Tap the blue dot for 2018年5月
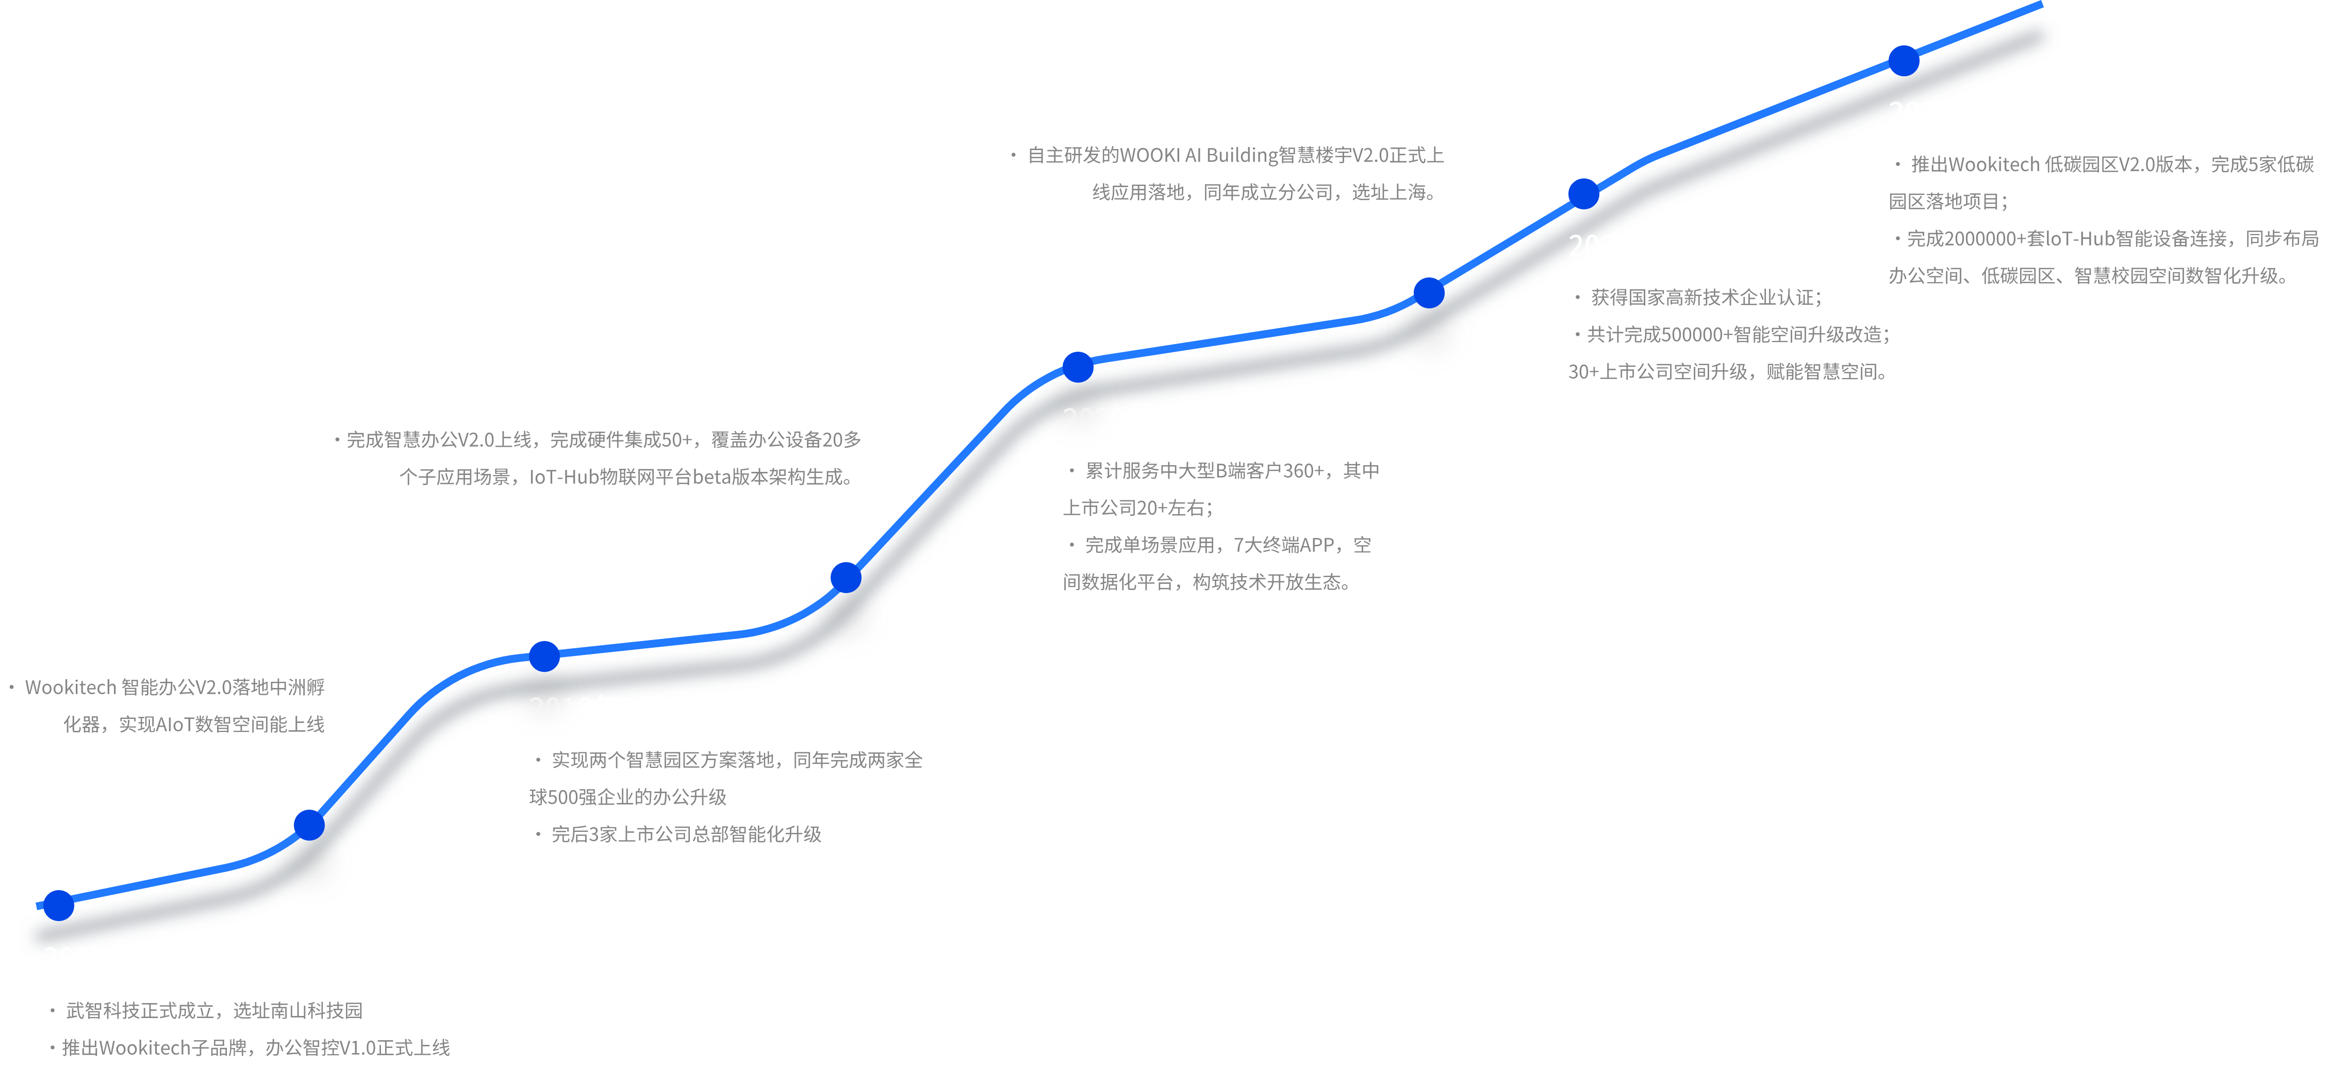(309, 825)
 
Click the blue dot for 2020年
(1078, 367)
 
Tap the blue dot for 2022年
(1583, 193)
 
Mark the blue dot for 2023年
(1904, 61)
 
